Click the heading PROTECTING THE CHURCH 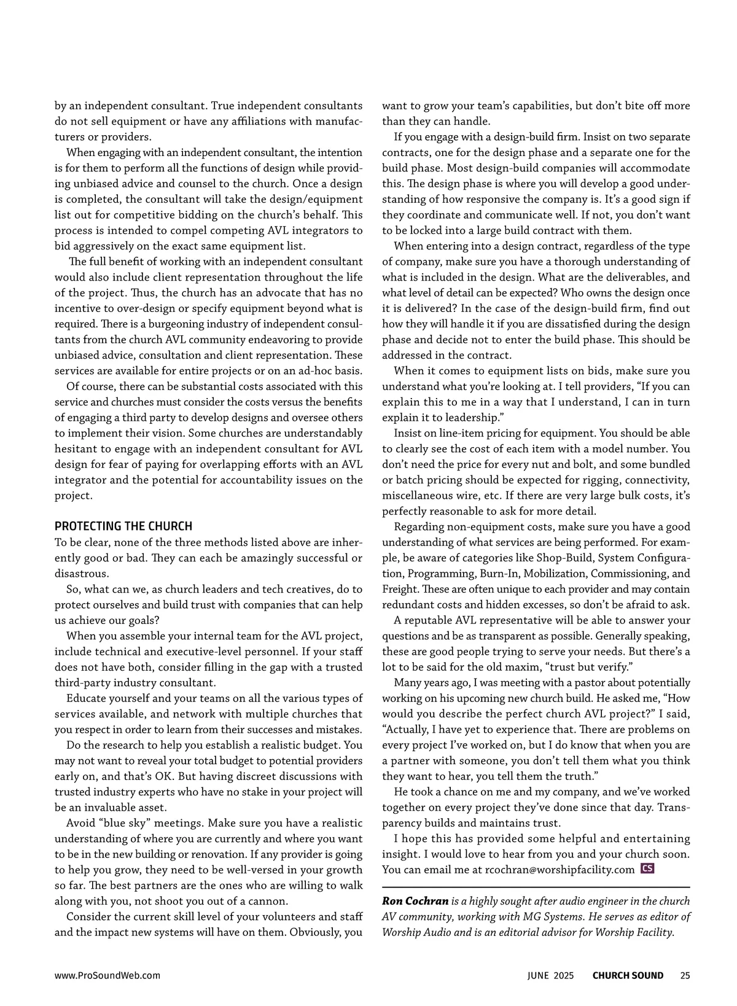click(123, 526)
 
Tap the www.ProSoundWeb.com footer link click(107, 975)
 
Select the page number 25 click(685, 975)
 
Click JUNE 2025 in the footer click(550, 975)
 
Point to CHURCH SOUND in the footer click(628, 975)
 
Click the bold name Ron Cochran click(415, 902)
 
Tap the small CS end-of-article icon click(647, 869)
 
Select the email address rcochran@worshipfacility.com click(560, 870)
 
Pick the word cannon click(270, 902)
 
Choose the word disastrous click(82, 574)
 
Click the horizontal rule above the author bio click(536, 887)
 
